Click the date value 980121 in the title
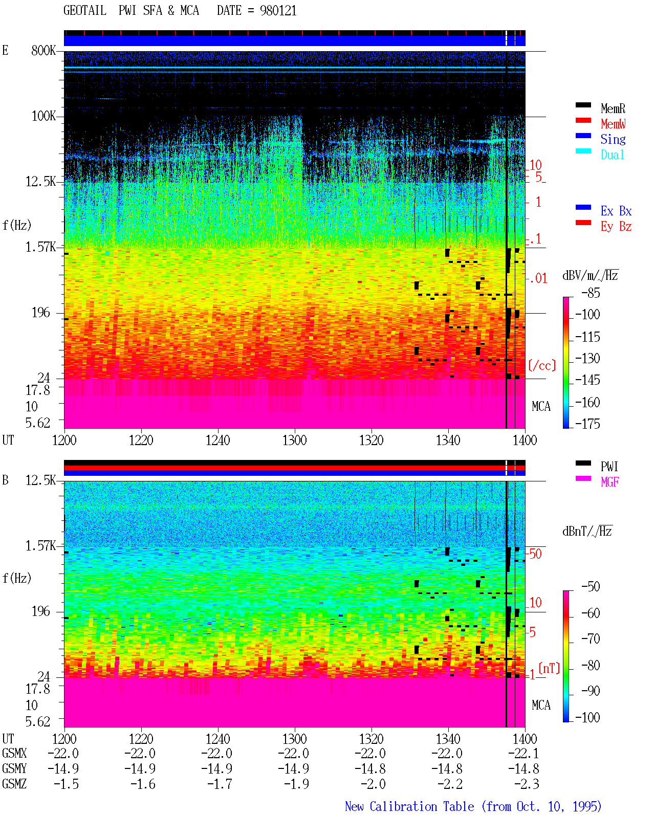click(x=278, y=10)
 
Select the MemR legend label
click(x=613, y=108)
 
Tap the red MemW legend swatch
click(x=583, y=120)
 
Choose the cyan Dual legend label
click(x=612, y=155)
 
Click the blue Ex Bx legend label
click(x=616, y=211)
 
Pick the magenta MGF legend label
click(x=609, y=482)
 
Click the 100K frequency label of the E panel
click(x=44, y=116)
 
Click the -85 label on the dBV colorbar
click(x=591, y=293)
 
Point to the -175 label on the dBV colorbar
click(x=587, y=424)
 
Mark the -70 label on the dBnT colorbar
click(x=591, y=639)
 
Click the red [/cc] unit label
click(x=542, y=365)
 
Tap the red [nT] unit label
click(x=549, y=668)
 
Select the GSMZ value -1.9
click(x=297, y=784)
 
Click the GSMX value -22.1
click(x=523, y=753)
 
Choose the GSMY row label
click(x=14, y=768)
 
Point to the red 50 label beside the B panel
click(x=535, y=554)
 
